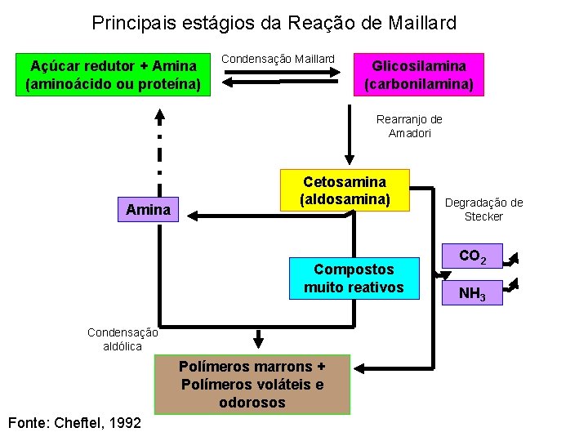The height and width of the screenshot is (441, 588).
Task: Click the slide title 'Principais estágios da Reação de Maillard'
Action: pyautogui.click(x=274, y=23)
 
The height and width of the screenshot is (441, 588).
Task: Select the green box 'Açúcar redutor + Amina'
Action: pyautogui.click(x=113, y=74)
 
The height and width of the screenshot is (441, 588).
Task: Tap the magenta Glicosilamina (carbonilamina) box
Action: pyautogui.click(x=418, y=74)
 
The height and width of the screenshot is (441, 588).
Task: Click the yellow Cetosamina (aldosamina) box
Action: pyautogui.click(x=344, y=190)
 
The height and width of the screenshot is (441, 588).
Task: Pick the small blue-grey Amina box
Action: pyautogui.click(x=148, y=210)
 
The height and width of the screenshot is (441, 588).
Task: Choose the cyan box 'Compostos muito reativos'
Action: pyautogui.click(x=354, y=278)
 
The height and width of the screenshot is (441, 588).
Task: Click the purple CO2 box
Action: pyautogui.click(x=472, y=257)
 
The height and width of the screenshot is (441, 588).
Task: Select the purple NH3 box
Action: pyautogui.click(x=472, y=292)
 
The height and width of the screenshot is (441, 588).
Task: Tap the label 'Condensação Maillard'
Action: pyautogui.click(x=278, y=59)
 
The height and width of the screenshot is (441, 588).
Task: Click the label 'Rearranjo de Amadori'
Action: pyautogui.click(x=409, y=126)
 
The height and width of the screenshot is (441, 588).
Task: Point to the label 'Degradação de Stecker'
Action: pyautogui.click(x=483, y=209)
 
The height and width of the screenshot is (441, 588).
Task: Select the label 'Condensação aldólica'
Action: pyautogui.click(x=122, y=339)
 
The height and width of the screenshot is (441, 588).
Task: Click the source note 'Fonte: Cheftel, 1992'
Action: pyautogui.click(x=73, y=422)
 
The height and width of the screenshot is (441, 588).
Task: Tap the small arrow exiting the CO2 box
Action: pyautogui.click(x=512, y=261)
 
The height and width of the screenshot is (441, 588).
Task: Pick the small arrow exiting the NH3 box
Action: pyautogui.click(x=512, y=287)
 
